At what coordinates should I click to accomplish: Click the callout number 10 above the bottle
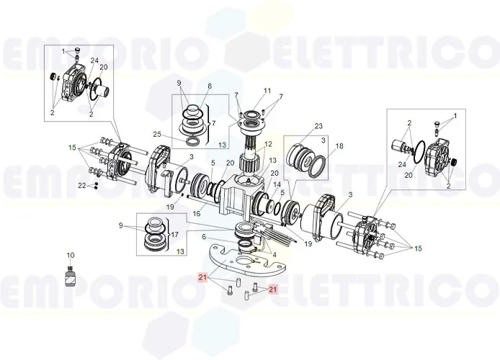(x=70, y=256)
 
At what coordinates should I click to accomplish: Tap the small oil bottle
(x=70, y=277)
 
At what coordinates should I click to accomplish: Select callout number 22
(x=83, y=186)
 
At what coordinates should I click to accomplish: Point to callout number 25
(x=156, y=135)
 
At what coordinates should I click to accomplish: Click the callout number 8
(x=210, y=86)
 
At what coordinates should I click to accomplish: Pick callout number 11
(x=267, y=91)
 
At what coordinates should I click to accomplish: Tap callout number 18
(x=339, y=146)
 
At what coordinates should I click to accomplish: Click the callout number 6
(x=205, y=236)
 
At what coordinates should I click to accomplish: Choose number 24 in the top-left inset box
(x=94, y=60)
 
